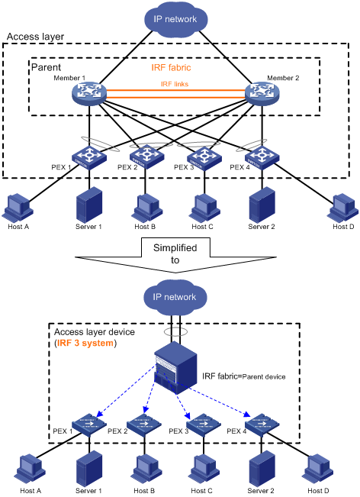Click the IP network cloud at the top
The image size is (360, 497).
click(175, 18)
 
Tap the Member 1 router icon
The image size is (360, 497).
click(89, 93)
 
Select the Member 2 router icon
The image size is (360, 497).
click(262, 93)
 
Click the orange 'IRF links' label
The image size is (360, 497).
click(175, 84)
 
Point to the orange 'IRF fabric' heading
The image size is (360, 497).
click(171, 67)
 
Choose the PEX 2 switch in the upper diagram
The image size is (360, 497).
click(146, 157)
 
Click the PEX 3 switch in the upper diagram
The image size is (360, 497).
click(204, 157)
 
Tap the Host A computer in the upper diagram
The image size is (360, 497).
click(18, 208)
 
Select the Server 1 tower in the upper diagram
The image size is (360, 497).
click(89, 205)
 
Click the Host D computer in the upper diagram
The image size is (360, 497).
click(343, 208)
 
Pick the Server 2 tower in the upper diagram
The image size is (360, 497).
click(262, 205)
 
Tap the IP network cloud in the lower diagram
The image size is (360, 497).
click(175, 296)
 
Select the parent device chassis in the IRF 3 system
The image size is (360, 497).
click(175, 368)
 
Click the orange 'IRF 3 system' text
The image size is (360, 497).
click(85, 343)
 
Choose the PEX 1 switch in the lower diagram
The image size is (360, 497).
click(89, 424)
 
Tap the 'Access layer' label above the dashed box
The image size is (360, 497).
click(35, 37)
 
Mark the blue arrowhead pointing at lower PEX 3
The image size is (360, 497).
click(188, 415)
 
